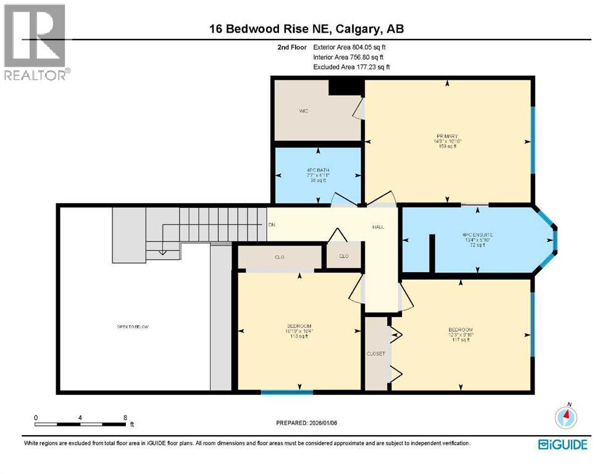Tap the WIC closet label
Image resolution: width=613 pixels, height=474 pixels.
point(304,111)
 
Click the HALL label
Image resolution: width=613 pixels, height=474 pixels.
point(378,227)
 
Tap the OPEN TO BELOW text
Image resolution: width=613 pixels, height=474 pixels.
point(133,326)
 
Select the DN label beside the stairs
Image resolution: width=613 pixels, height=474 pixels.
point(271,225)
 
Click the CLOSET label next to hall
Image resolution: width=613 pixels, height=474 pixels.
point(376,354)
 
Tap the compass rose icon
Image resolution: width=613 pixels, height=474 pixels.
point(565,417)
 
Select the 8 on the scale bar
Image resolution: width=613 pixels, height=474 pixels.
point(125,417)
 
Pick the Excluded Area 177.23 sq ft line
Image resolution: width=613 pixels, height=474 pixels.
point(351,67)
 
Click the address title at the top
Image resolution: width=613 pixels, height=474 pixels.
point(306,28)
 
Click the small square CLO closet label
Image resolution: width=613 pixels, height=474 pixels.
point(344,256)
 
